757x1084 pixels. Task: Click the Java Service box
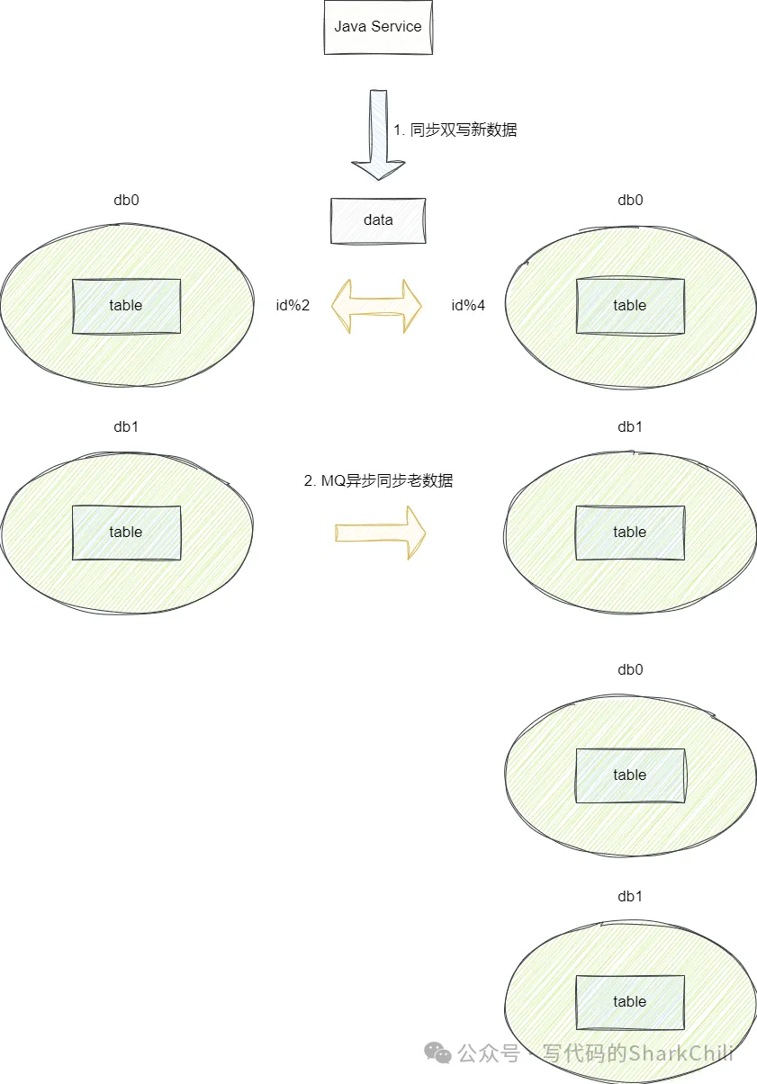[378, 27]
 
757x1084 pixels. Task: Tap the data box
[378, 219]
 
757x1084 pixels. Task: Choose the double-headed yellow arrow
[377, 306]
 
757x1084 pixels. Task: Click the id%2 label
[293, 305]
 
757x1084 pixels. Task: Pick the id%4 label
[468, 305]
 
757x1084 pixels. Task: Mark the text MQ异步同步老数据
[378, 480]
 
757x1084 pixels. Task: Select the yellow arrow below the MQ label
[380, 533]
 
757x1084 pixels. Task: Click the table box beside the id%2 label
[126, 306]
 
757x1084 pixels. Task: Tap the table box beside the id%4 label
[630, 306]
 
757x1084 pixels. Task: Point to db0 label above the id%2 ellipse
[126, 200]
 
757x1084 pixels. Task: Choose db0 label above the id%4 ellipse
[630, 200]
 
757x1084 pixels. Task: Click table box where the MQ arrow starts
[126, 533]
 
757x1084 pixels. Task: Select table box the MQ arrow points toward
[630, 533]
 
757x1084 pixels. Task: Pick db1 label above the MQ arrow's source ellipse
[126, 426]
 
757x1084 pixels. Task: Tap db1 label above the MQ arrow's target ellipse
[630, 426]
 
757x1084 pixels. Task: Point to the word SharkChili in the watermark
[680, 1053]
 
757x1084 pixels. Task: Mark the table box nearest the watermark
[630, 1002]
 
